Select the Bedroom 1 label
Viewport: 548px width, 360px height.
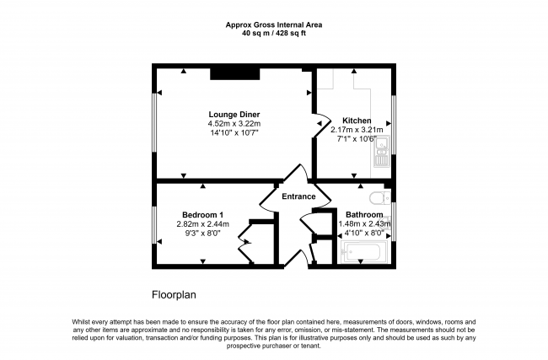pyautogui.click(x=201, y=214)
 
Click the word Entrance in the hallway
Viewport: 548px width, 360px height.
pyautogui.click(x=298, y=197)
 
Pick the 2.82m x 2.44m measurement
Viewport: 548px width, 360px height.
pyautogui.click(x=201, y=224)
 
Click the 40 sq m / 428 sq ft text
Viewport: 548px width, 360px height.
pyautogui.click(x=273, y=35)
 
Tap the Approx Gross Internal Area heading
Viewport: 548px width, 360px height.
pyautogui.click(x=273, y=25)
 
